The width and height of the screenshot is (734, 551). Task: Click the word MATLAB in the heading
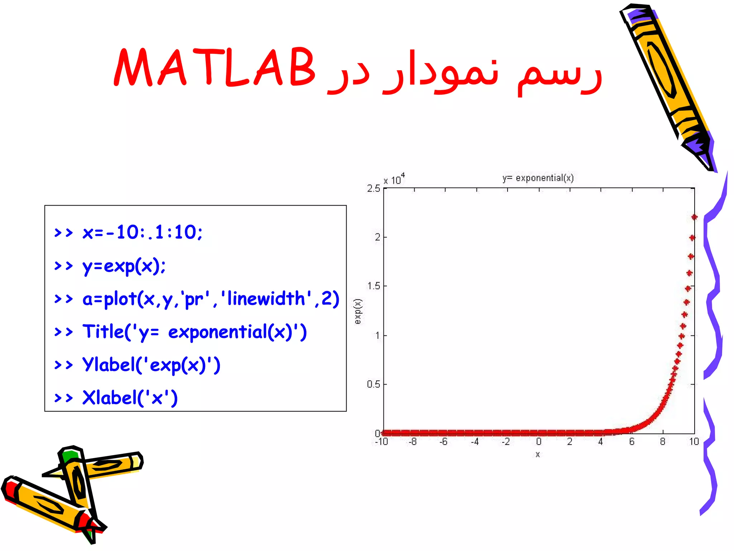[214, 68]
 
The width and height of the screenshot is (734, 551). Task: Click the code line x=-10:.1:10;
[142, 232]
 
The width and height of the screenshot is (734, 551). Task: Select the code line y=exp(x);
[124, 266]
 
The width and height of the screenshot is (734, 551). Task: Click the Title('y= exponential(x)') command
[194, 332]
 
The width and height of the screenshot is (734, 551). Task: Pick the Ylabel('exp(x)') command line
[151, 365]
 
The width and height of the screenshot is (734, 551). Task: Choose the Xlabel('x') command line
[130, 398]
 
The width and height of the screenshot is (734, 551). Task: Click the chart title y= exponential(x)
[538, 178]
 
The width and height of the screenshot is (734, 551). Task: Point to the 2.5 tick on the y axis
[373, 188]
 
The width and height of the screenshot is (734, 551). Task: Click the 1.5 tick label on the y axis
[373, 286]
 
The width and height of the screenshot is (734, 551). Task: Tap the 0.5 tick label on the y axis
[373, 384]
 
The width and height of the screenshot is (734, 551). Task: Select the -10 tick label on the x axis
[381, 442]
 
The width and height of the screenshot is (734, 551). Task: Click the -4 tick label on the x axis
[475, 442]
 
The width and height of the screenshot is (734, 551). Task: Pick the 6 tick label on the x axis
[631, 442]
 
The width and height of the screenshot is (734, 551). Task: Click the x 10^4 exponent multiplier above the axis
[394, 179]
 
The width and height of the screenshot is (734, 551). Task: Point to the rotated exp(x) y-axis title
[358, 311]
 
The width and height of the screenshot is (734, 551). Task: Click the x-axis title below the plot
[538, 455]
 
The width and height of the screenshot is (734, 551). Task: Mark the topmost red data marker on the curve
[694, 217]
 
